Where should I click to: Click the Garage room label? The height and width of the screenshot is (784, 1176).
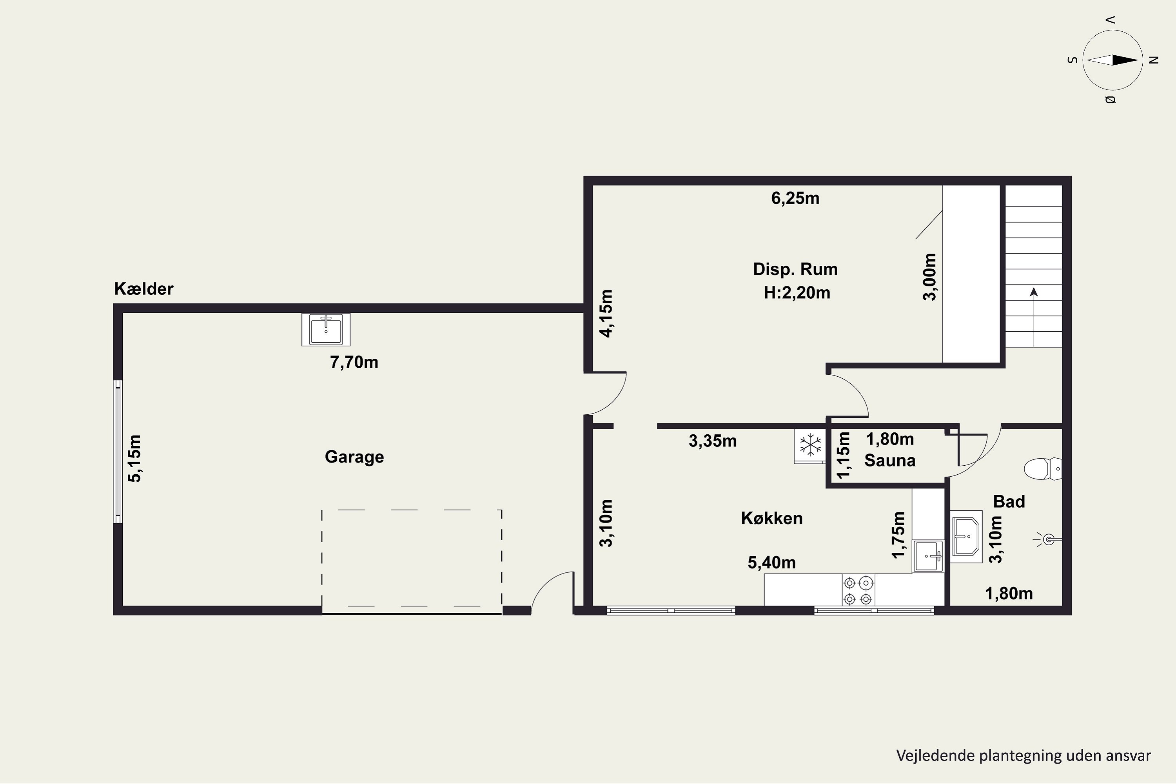coord(354,457)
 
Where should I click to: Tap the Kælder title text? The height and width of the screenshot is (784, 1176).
coord(143,289)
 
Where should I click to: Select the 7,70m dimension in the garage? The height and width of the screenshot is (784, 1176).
coord(354,362)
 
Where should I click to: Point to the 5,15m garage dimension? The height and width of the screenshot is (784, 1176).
coord(134,459)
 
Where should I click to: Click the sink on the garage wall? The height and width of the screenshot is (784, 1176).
coord(326,330)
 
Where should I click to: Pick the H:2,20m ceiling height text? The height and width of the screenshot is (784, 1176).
coord(797,292)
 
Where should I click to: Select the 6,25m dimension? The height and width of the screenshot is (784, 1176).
coord(795,198)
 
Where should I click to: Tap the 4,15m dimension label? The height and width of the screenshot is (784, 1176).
coord(606,314)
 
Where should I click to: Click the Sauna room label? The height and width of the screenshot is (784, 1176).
coord(890,461)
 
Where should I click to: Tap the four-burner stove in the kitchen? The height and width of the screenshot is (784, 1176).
coord(858,590)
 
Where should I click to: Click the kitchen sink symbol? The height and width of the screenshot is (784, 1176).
coord(929,555)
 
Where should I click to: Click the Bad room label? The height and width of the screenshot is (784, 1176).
coord(1009,501)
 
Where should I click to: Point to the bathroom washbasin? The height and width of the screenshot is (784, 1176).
coord(966,537)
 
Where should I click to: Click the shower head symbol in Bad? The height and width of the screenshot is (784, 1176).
coord(1048,539)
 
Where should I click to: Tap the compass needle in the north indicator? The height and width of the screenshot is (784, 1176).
coord(1112,60)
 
